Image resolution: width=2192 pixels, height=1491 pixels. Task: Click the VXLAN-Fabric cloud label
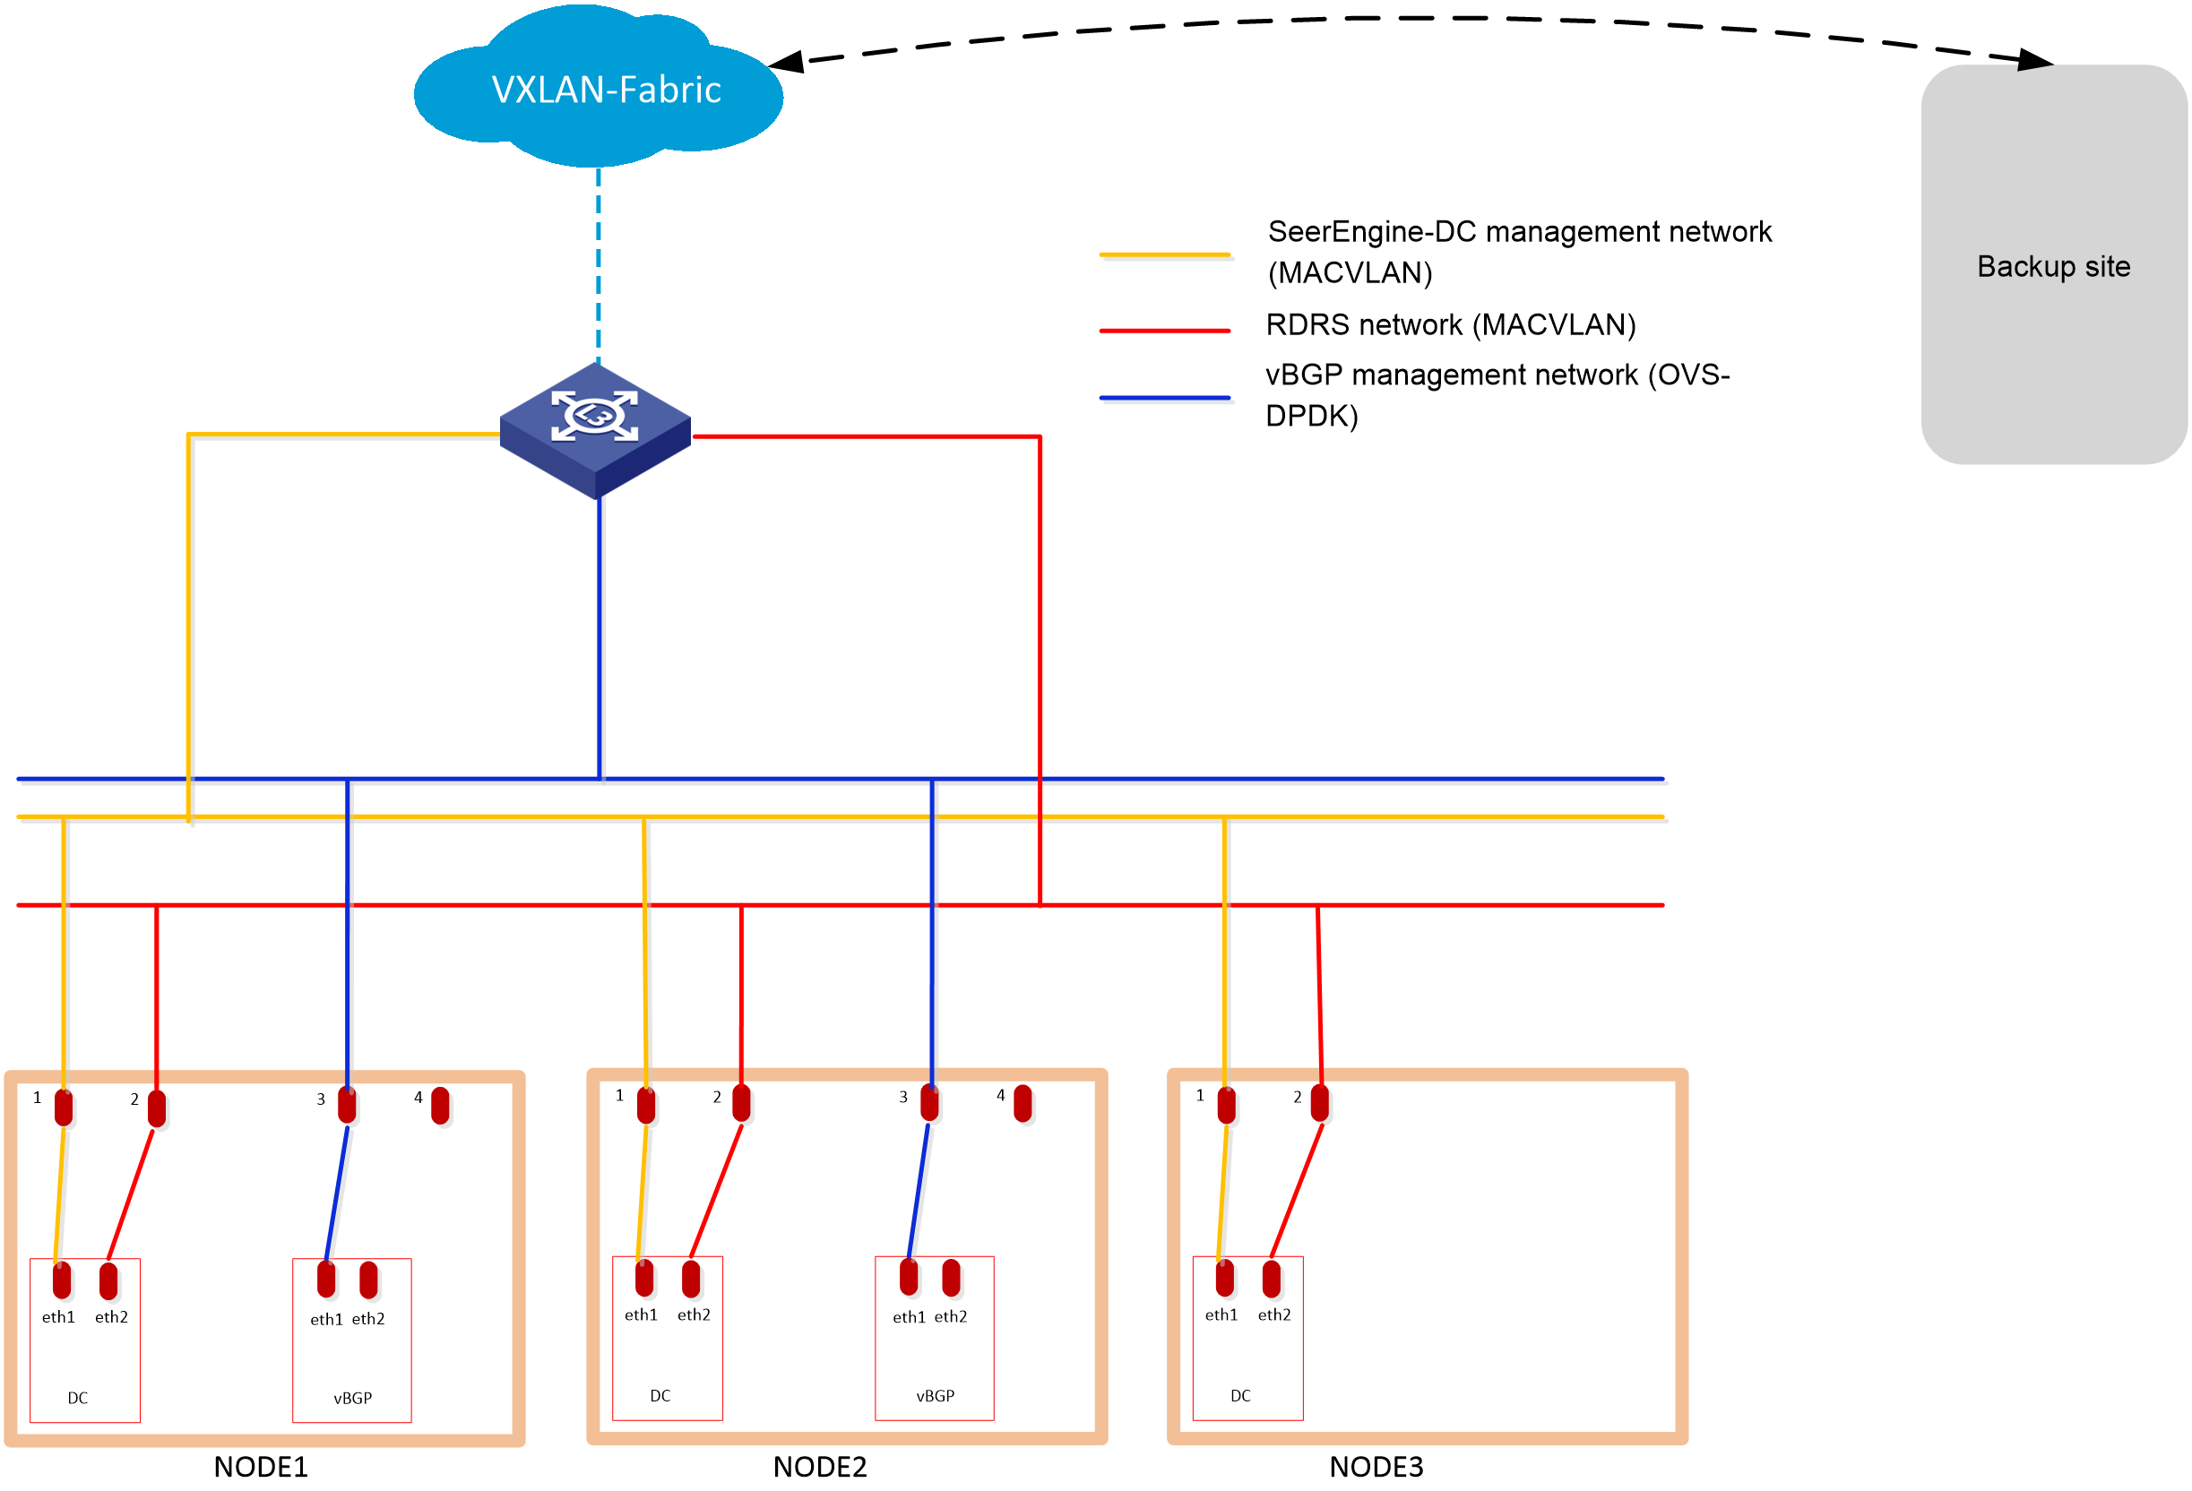[607, 90]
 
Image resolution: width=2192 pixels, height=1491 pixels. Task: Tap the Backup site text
[2053, 267]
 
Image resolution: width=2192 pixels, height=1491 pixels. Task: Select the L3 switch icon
[595, 430]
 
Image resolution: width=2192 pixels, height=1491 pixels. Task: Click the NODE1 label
[260, 1467]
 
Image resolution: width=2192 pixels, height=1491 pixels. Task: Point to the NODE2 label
[820, 1467]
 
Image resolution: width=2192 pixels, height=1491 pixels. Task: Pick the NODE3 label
[1376, 1467]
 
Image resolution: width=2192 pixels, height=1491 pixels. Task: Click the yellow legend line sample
[1165, 254]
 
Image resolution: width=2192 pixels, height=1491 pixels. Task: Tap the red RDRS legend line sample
[1165, 331]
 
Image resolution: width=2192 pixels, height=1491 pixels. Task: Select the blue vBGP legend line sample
[1165, 398]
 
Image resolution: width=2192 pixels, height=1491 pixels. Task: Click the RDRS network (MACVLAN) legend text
[1451, 325]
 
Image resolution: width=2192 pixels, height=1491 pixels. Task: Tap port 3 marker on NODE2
[929, 1102]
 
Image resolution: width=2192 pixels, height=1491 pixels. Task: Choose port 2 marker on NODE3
[1319, 1102]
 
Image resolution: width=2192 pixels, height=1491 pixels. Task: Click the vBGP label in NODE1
[353, 1398]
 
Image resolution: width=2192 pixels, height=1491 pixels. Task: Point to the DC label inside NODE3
[1240, 1395]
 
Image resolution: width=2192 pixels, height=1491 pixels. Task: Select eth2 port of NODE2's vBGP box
[951, 1278]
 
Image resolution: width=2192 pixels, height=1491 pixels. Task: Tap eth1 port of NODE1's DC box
[61, 1280]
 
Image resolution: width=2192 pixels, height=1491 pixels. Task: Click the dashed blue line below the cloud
[598, 265]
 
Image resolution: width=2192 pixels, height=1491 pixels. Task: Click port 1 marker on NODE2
[646, 1104]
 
